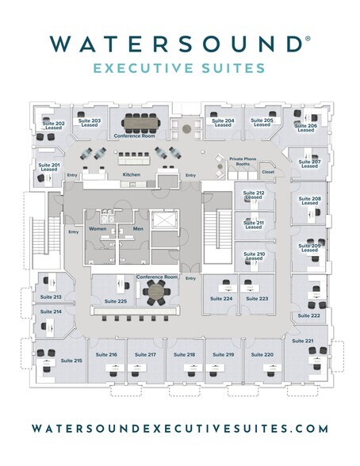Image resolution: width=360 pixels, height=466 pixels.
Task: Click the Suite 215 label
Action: (71, 361)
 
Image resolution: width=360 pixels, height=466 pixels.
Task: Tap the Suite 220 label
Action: (262, 354)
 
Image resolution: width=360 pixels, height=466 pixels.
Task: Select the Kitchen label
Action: (132, 174)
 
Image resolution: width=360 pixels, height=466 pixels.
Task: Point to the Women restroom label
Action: (98, 229)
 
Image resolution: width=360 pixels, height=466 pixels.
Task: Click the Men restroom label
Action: (138, 229)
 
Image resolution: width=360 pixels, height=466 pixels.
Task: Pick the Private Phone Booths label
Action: (243, 162)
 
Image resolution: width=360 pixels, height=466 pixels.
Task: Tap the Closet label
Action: (268, 172)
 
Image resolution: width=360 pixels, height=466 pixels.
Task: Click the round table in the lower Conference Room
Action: (156, 292)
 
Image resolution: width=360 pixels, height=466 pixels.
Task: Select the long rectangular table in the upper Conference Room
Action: (140, 122)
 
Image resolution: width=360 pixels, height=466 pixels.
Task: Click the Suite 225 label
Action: (116, 301)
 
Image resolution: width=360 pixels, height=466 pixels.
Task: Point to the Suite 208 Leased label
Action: (310, 201)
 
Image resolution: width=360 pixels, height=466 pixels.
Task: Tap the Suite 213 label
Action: (51, 297)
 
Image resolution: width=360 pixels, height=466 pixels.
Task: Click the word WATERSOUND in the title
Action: (176, 44)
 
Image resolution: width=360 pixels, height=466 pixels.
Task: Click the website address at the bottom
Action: (180, 429)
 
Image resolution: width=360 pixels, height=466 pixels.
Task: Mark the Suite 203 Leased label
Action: (90, 123)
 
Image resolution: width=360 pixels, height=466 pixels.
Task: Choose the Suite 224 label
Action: (221, 299)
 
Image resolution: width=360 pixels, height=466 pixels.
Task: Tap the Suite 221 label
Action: (303, 341)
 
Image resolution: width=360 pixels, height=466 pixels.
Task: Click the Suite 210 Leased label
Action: (255, 256)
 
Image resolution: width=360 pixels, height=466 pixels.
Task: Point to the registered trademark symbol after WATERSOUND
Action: (308, 38)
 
